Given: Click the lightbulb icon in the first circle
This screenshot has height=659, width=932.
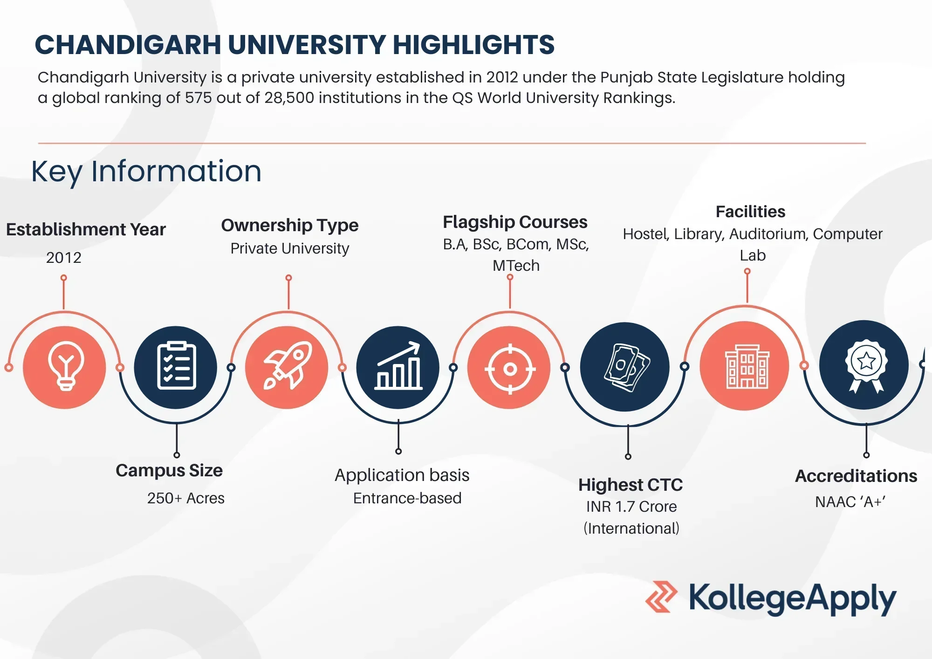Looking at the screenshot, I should (65, 366).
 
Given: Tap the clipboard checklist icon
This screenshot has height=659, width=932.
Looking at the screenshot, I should (176, 366).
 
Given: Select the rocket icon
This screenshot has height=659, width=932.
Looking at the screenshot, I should (288, 366).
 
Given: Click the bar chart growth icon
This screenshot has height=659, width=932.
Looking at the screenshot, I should (398, 366).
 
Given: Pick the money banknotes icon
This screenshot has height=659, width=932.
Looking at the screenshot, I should (626, 367).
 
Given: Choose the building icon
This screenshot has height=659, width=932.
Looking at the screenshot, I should (747, 366).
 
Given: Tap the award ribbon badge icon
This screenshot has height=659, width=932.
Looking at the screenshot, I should (865, 365).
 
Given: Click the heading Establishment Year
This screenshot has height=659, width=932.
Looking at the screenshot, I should (86, 229).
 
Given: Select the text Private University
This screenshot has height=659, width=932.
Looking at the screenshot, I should (289, 248).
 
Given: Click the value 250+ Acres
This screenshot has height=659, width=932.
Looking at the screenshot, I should (185, 498).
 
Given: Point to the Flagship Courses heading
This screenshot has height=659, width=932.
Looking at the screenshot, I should (515, 222).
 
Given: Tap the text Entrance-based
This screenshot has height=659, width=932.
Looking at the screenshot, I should (407, 498).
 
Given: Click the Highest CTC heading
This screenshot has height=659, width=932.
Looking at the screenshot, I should (630, 485).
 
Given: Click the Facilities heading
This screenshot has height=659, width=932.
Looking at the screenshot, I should (750, 212).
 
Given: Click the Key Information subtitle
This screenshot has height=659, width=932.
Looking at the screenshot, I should (146, 171).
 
